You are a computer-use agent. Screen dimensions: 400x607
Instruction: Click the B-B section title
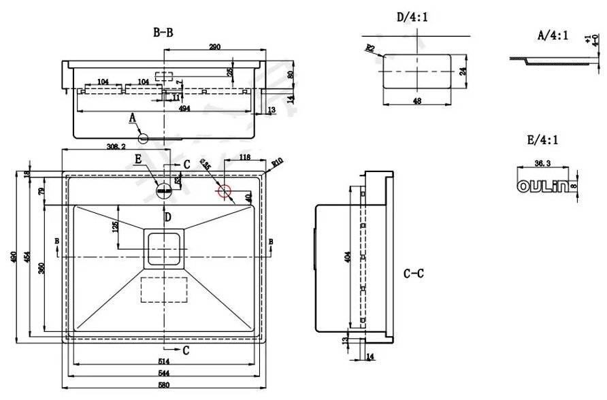coord(163,32)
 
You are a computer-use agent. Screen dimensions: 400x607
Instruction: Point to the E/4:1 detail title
coord(542,141)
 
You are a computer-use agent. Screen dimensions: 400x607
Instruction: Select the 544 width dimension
coord(163,373)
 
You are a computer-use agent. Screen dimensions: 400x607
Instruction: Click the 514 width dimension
coord(163,361)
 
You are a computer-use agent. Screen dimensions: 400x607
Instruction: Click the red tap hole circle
coord(224,191)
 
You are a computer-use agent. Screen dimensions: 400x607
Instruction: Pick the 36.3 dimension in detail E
coord(543,163)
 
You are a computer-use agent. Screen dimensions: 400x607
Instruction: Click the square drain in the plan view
coord(163,246)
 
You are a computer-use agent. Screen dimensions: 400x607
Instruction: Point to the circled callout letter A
coord(143,138)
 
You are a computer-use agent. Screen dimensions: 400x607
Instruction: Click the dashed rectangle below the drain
coord(163,289)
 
